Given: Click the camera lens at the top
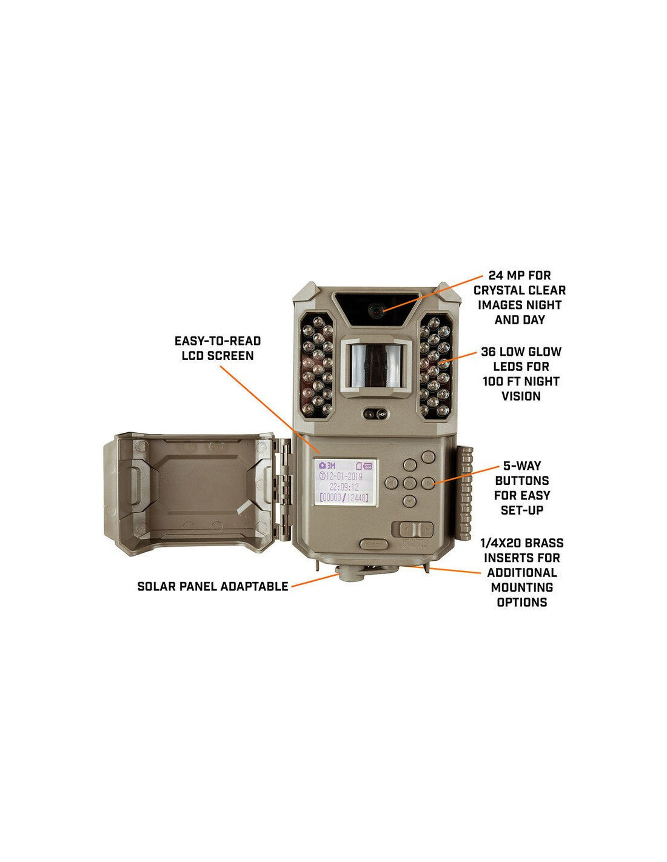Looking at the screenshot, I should click(x=375, y=310).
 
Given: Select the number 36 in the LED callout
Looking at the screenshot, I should click(x=490, y=352).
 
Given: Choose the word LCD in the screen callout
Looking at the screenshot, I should click(x=195, y=356).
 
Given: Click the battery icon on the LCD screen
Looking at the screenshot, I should click(x=366, y=466).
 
